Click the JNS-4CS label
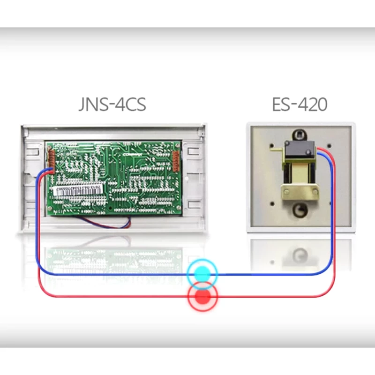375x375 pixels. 112,104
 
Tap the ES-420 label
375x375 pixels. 300,104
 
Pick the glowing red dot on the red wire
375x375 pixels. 202,296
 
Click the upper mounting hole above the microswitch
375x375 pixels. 297,133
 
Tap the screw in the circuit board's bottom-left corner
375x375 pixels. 52,210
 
